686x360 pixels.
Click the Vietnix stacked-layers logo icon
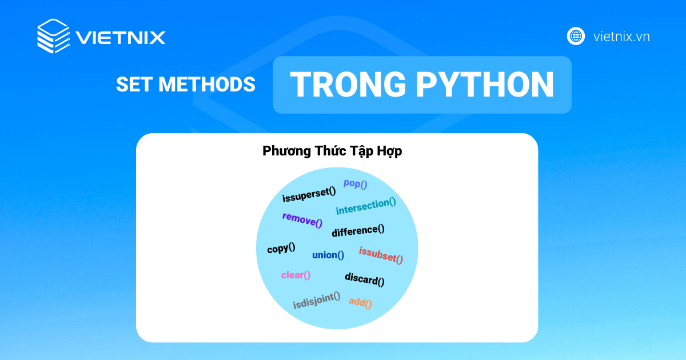click(x=53, y=36)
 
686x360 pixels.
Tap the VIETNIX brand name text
click(x=121, y=38)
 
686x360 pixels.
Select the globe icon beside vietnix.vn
click(x=576, y=36)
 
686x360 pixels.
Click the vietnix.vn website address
click(x=621, y=37)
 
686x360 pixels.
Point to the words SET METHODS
click(x=185, y=85)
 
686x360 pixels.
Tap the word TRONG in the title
click(x=349, y=85)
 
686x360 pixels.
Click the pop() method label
click(x=355, y=183)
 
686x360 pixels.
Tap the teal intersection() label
click(x=366, y=206)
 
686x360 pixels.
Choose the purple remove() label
click(x=302, y=219)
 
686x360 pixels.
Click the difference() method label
click(x=358, y=231)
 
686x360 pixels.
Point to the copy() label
click(x=281, y=249)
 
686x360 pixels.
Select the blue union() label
click(x=328, y=255)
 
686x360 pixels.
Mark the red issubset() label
click(x=381, y=255)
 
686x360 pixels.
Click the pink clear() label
click(x=296, y=275)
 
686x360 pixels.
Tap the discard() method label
click(x=364, y=279)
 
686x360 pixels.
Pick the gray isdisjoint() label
click(x=317, y=300)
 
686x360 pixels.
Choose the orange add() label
click(x=360, y=302)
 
